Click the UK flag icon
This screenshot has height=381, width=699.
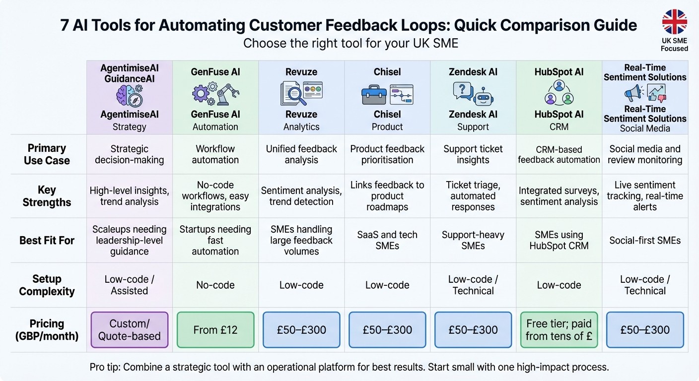click(x=674, y=22)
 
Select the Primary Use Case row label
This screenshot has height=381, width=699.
click(x=47, y=154)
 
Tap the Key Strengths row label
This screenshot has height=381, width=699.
click(x=47, y=196)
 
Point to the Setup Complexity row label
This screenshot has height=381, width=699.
click(x=47, y=285)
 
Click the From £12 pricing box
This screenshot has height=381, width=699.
click(x=215, y=330)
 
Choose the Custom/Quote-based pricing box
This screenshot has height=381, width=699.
click(x=129, y=330)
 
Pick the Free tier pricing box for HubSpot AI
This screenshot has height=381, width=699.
click(x=559, y=330)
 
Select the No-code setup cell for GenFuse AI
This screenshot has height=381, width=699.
click(x=215, y=285)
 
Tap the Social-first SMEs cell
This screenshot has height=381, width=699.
click(x=645, y=241)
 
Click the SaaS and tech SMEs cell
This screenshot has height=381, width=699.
click(x=387, y=240)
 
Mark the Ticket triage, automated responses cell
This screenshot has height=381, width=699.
click(x=473, y=196)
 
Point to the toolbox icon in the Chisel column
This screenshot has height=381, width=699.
click(x=374, y=94)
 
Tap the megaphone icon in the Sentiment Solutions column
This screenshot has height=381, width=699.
click(x=632, y=93)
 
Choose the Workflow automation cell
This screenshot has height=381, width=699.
click(x=215, y=154)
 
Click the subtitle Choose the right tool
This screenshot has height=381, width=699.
click(x=350, y=43)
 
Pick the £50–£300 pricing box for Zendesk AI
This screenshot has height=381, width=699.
click(x=473, y=330)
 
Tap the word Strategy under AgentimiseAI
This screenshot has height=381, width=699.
click(x=129, y=127)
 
